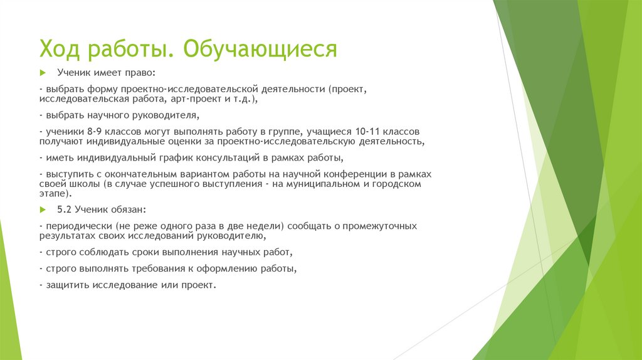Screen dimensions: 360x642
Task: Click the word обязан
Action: pyautogui.click(x=128, y=209)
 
